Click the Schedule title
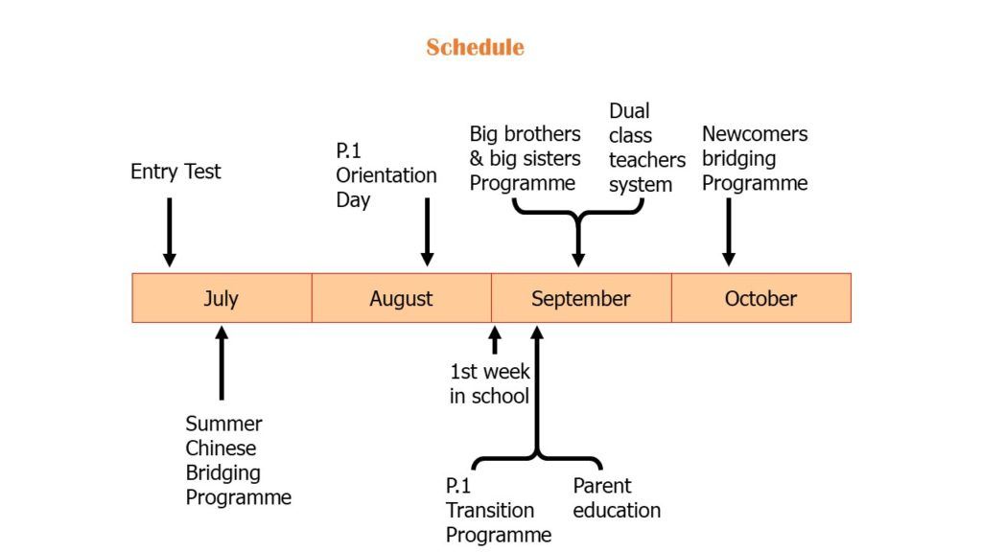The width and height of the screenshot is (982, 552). tap(475, 47)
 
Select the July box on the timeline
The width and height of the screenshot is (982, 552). tap(222, 298)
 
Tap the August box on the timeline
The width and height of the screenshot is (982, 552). tap(402, 298)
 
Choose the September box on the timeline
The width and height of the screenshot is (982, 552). tap(581, 298)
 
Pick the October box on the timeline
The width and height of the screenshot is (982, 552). tap(760, 298)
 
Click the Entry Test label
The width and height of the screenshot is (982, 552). tap(175, 172)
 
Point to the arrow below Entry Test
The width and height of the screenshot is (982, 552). tap(169, 232)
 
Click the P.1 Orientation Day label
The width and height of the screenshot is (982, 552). tap(386, 175)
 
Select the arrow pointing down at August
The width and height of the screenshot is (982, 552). tap(427, 232)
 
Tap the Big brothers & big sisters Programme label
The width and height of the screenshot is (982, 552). tap(525, 158)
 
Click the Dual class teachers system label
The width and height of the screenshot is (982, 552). tap(647, 148)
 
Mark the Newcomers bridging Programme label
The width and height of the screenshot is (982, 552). tap(755, 158)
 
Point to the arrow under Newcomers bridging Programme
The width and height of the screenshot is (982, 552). tap(729, 232)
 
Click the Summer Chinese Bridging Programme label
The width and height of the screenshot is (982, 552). tap(238, 460)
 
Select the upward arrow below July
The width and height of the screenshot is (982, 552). tap(222, 363)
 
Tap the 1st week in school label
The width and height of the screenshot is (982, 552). tap(490, 383)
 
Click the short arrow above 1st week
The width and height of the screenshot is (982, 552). tap(495, 340)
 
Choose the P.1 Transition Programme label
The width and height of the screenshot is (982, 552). tap(499, 510)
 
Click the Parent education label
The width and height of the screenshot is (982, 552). tap(617, 498)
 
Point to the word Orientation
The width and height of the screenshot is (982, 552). tap(386, 175)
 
